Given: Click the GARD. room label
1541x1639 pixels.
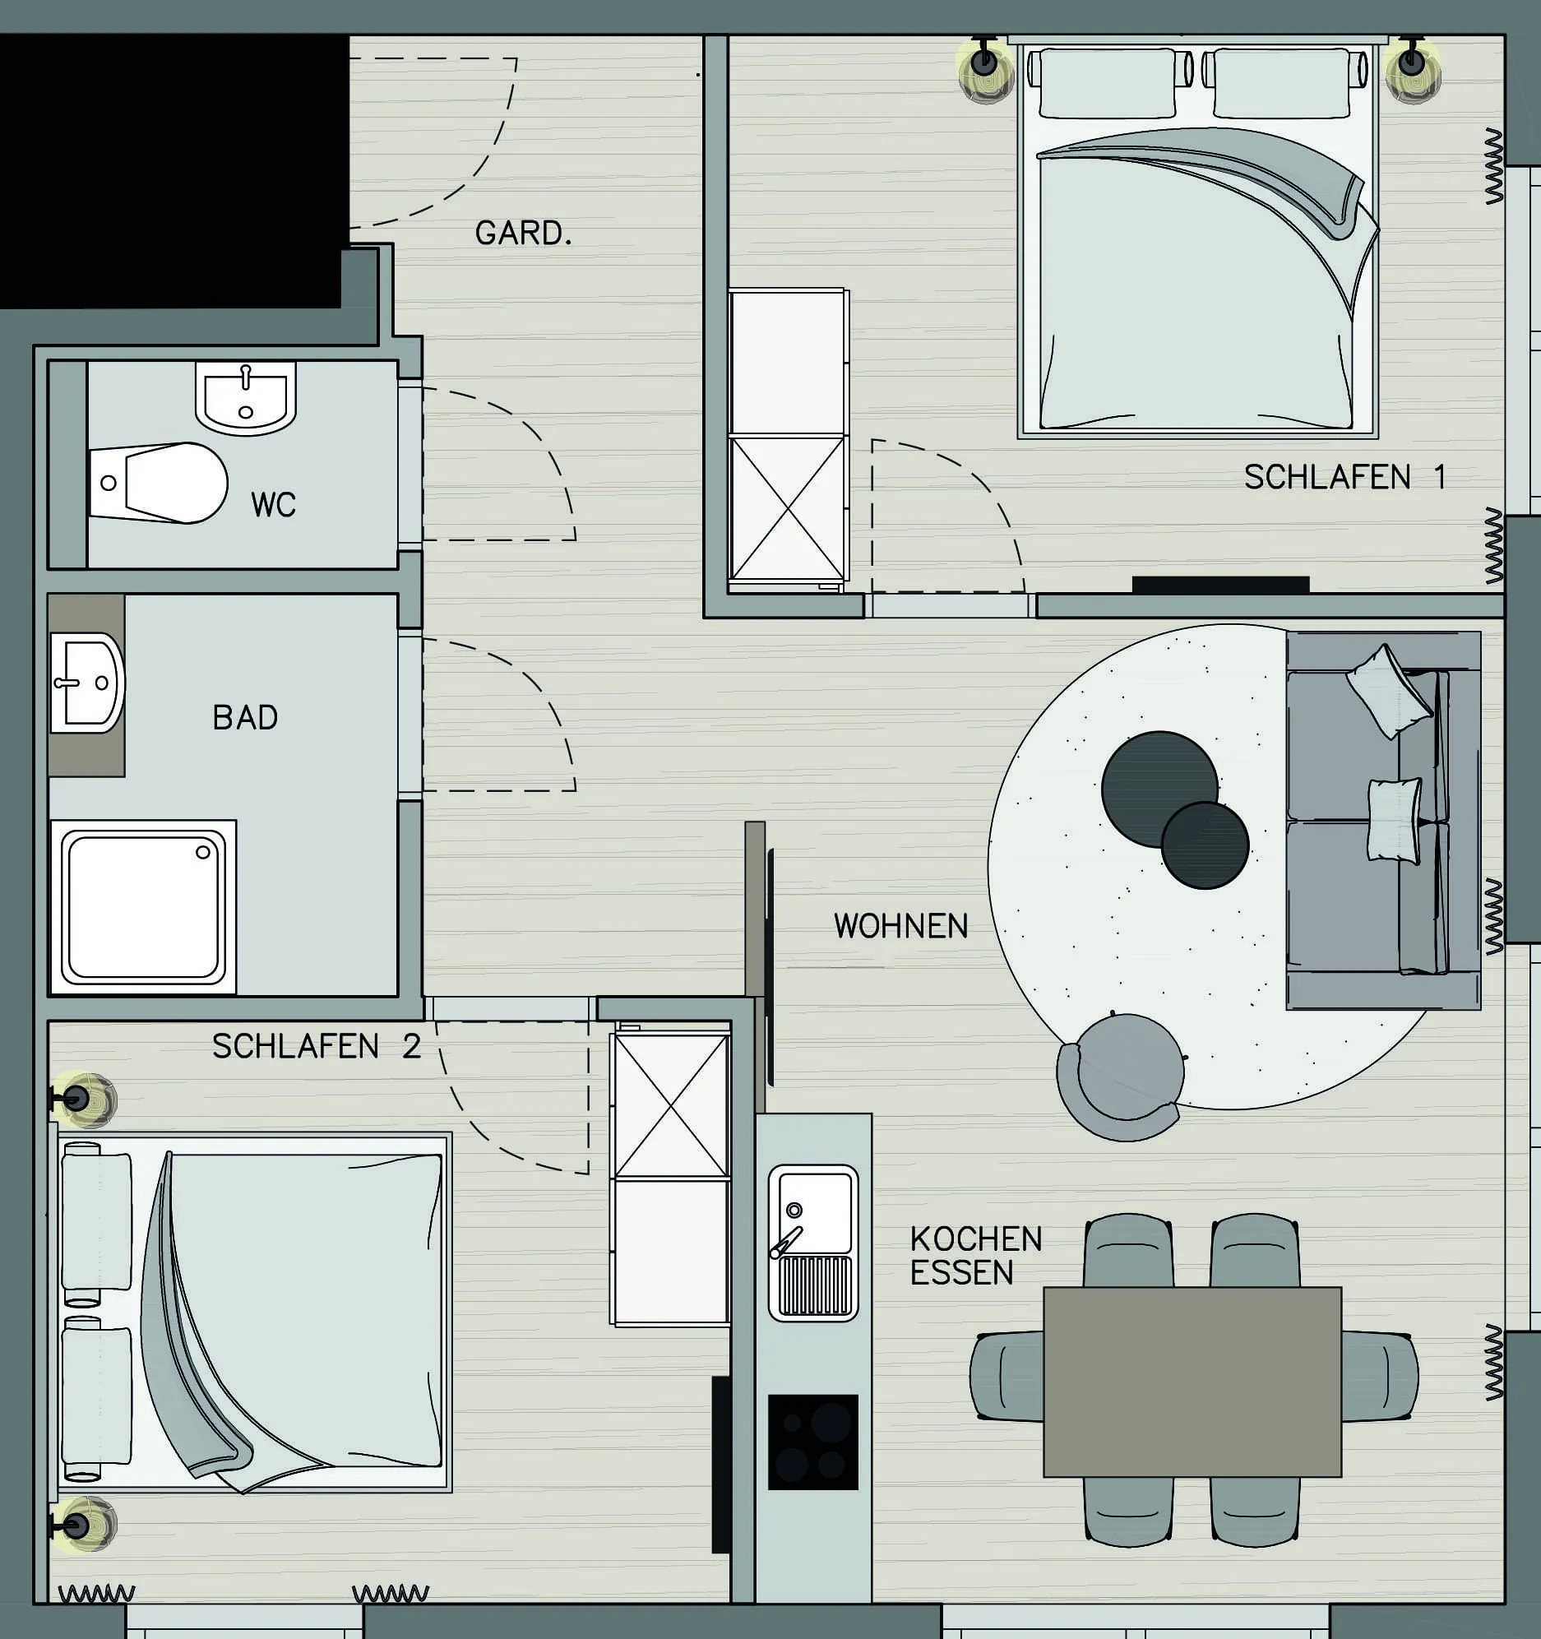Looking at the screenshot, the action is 523,234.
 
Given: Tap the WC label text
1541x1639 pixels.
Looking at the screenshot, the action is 273,505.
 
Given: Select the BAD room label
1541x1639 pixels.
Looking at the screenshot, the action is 245,717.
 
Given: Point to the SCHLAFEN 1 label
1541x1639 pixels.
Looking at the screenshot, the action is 1344,477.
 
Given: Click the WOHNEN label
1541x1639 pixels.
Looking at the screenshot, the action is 900,926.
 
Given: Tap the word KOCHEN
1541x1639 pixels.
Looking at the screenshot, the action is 976,1239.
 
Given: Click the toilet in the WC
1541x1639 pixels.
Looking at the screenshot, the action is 158,482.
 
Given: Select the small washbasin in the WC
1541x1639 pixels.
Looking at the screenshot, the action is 246,398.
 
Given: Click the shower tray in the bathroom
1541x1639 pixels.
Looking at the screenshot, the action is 143,907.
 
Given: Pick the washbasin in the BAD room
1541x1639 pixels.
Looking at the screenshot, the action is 87,683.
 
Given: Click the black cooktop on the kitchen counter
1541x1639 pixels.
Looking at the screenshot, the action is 813,1442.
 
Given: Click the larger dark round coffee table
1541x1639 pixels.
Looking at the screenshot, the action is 1159,789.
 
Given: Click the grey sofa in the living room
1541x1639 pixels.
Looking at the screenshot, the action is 1383,822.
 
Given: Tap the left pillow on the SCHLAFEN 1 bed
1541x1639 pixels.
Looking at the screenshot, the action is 1108,82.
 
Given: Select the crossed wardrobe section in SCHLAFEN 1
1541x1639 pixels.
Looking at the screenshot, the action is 788,509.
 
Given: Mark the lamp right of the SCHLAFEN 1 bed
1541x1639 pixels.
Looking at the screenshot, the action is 1412,70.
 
